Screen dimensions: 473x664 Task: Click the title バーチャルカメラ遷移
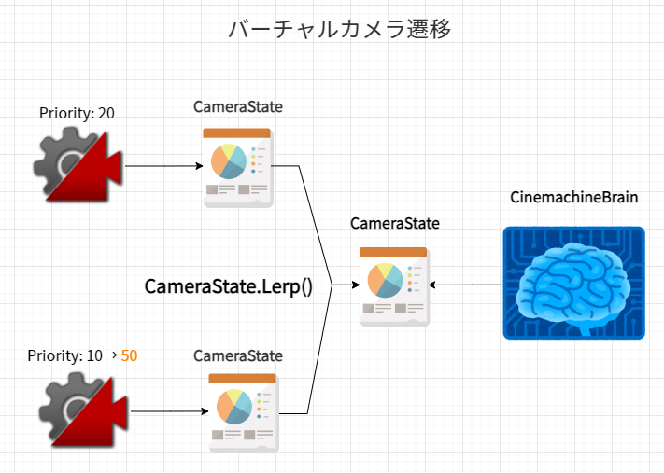[x=340, y=29]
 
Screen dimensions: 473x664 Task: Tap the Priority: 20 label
[x=77, y=113]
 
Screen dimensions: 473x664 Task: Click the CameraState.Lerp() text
[x=228, y=285]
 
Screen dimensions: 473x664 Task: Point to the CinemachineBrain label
[x=573, y=198]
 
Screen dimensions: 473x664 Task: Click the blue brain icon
[x=573, y=282]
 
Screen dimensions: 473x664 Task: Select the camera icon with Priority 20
[x=77, y=166]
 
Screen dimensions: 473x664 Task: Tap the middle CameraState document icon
[x=394, y=285]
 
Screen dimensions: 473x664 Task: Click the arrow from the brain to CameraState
[x=467, y=285]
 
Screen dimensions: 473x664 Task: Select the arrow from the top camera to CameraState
[x=163, y=167]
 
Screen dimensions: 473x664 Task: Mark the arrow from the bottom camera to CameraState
[x=168, y=411]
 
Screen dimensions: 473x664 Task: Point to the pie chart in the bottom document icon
[x=233, y=407]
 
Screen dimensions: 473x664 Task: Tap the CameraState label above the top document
[x=238, y=106]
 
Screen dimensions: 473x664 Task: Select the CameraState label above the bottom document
[x=238, y=355]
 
